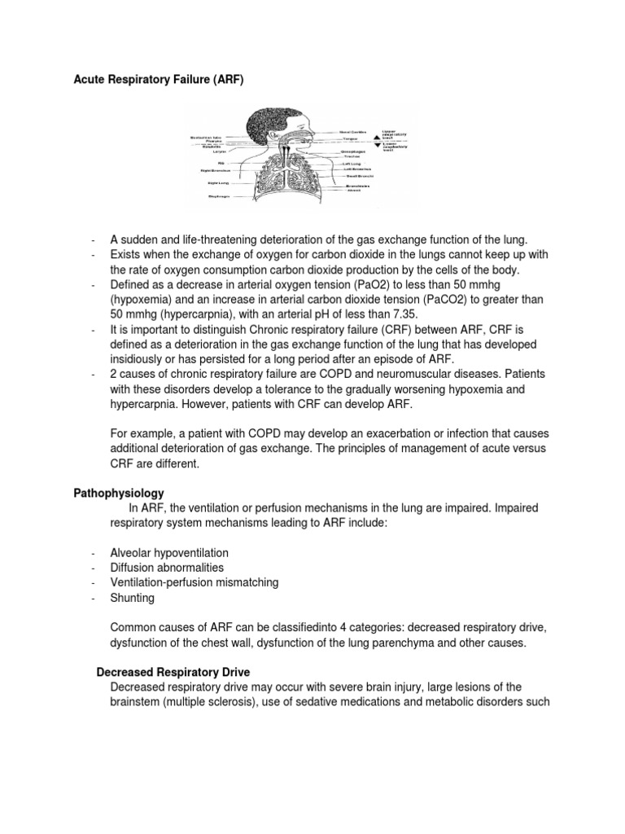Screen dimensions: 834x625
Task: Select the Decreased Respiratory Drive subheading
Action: coord(173,672)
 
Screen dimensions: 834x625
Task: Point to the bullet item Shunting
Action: coord(132,598)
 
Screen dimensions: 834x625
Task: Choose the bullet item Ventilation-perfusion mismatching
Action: coord(194,582)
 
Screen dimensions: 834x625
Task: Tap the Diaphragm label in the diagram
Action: coord(217,195)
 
